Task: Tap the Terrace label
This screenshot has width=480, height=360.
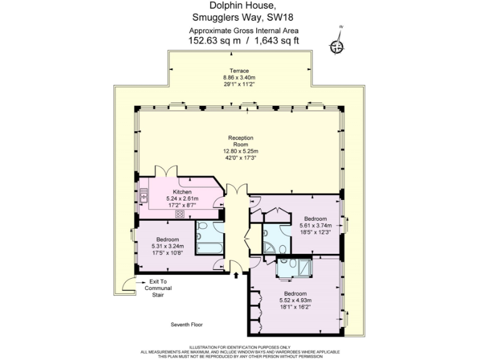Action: click(239, 71)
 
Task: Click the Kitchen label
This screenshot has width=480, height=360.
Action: click(182, 192)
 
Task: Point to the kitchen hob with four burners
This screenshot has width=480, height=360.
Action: click(180, 214)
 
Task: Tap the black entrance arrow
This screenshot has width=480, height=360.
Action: click(236, 272)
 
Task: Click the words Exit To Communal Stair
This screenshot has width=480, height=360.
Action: click(157, 288)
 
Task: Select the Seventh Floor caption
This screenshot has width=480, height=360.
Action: click(187, 324)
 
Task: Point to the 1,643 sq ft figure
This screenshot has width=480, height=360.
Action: click(276, 41)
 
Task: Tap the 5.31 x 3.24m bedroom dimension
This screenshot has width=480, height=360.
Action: click(167, 246)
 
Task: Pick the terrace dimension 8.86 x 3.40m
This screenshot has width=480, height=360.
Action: click(239, 77)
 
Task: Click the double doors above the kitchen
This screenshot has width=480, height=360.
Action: click(164, 172)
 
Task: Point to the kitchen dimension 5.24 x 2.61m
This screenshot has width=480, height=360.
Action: click(182, 198)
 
